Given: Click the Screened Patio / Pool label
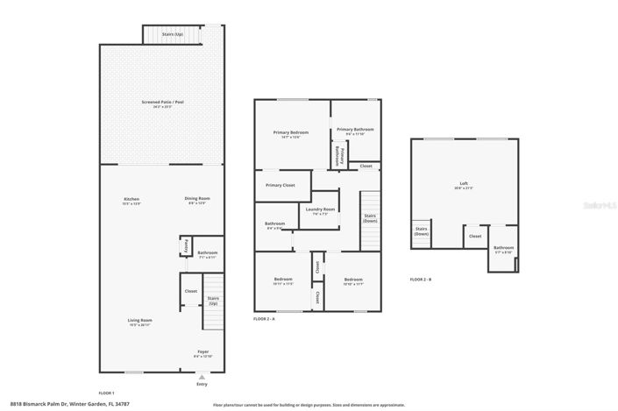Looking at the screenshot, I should point(162,103).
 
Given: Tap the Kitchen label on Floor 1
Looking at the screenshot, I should point(131,200).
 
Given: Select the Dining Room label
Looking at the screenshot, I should point(197,200).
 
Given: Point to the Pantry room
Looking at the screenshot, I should point(186,247).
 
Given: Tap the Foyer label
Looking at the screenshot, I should point(202,354).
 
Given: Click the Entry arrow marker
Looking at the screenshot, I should point(202,377).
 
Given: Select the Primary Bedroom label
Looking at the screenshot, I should point(291,133).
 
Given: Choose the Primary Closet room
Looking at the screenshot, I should point(281,186).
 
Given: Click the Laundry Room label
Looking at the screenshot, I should point(320,210).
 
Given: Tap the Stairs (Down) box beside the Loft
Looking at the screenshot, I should point(422,232).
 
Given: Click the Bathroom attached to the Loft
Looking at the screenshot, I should point(503,249).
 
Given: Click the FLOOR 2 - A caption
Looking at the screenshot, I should point(265,320).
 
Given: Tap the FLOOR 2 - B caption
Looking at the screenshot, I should point(421,280).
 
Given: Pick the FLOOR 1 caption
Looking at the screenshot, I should point(106,393).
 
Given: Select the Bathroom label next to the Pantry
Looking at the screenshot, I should point(208,254).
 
